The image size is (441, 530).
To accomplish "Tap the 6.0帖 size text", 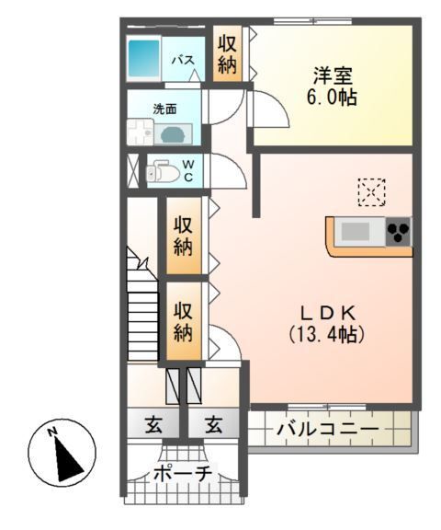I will [333, 98].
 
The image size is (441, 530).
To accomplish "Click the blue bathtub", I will [142, 58].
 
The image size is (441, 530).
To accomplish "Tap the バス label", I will [184, 61].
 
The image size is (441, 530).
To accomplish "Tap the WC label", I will [187, 171].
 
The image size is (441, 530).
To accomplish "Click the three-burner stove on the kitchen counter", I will [398, 231].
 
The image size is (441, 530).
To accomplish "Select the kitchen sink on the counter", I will [356, 230].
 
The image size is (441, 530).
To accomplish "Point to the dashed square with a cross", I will [373, 192].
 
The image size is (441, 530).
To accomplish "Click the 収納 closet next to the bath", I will [227, 55].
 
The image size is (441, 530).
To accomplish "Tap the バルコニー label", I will [326, 430].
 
